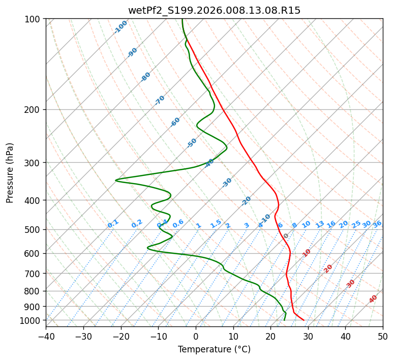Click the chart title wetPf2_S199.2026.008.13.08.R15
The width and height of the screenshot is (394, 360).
214,10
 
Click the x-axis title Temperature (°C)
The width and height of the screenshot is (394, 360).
214,350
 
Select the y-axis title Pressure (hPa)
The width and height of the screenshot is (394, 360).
10,173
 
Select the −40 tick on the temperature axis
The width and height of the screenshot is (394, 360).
46,337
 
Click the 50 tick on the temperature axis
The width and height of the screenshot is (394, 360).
383,337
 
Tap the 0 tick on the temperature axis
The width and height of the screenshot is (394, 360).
196,337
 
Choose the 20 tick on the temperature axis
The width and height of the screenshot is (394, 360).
270,337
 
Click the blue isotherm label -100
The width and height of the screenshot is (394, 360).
121,26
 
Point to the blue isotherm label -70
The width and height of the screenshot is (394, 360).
160,100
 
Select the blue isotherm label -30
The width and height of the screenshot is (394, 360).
227,182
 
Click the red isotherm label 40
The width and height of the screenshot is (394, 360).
373,299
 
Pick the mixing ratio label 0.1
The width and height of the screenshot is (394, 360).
113,223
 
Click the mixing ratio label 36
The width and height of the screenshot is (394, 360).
377,224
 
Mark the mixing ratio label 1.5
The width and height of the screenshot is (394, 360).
216,223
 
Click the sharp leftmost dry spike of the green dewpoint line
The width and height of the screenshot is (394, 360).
116,180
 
